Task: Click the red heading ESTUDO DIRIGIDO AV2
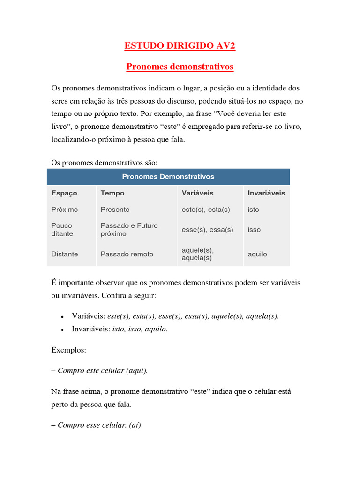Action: [180, 45]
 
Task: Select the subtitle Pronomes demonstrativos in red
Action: [180, 67]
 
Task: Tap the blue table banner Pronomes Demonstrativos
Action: [168, 177]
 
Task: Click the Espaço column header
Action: [64, 193]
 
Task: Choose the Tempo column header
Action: [112, 193]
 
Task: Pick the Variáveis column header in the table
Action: [197, 193]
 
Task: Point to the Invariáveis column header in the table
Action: [266, 193]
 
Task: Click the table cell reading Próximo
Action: [65, 210]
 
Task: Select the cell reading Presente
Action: [115, 210]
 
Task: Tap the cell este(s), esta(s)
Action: [206, 210]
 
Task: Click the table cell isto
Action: [253, 210]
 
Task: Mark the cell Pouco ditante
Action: [62, 229]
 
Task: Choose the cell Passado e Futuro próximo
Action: [129, 229]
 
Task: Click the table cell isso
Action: [254, 230]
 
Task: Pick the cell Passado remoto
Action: [127, 254]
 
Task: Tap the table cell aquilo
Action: [257, 254]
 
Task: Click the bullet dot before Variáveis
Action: [62, 317]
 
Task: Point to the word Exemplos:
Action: [68, 350]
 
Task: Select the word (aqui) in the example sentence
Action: [136, 370]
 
